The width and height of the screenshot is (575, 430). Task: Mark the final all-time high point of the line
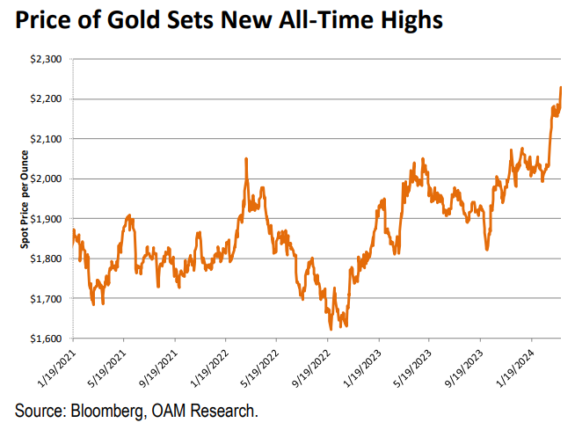(561, 87)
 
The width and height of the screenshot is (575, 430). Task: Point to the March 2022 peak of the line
(246, 159)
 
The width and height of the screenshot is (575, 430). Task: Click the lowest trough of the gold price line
(330, 329)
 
